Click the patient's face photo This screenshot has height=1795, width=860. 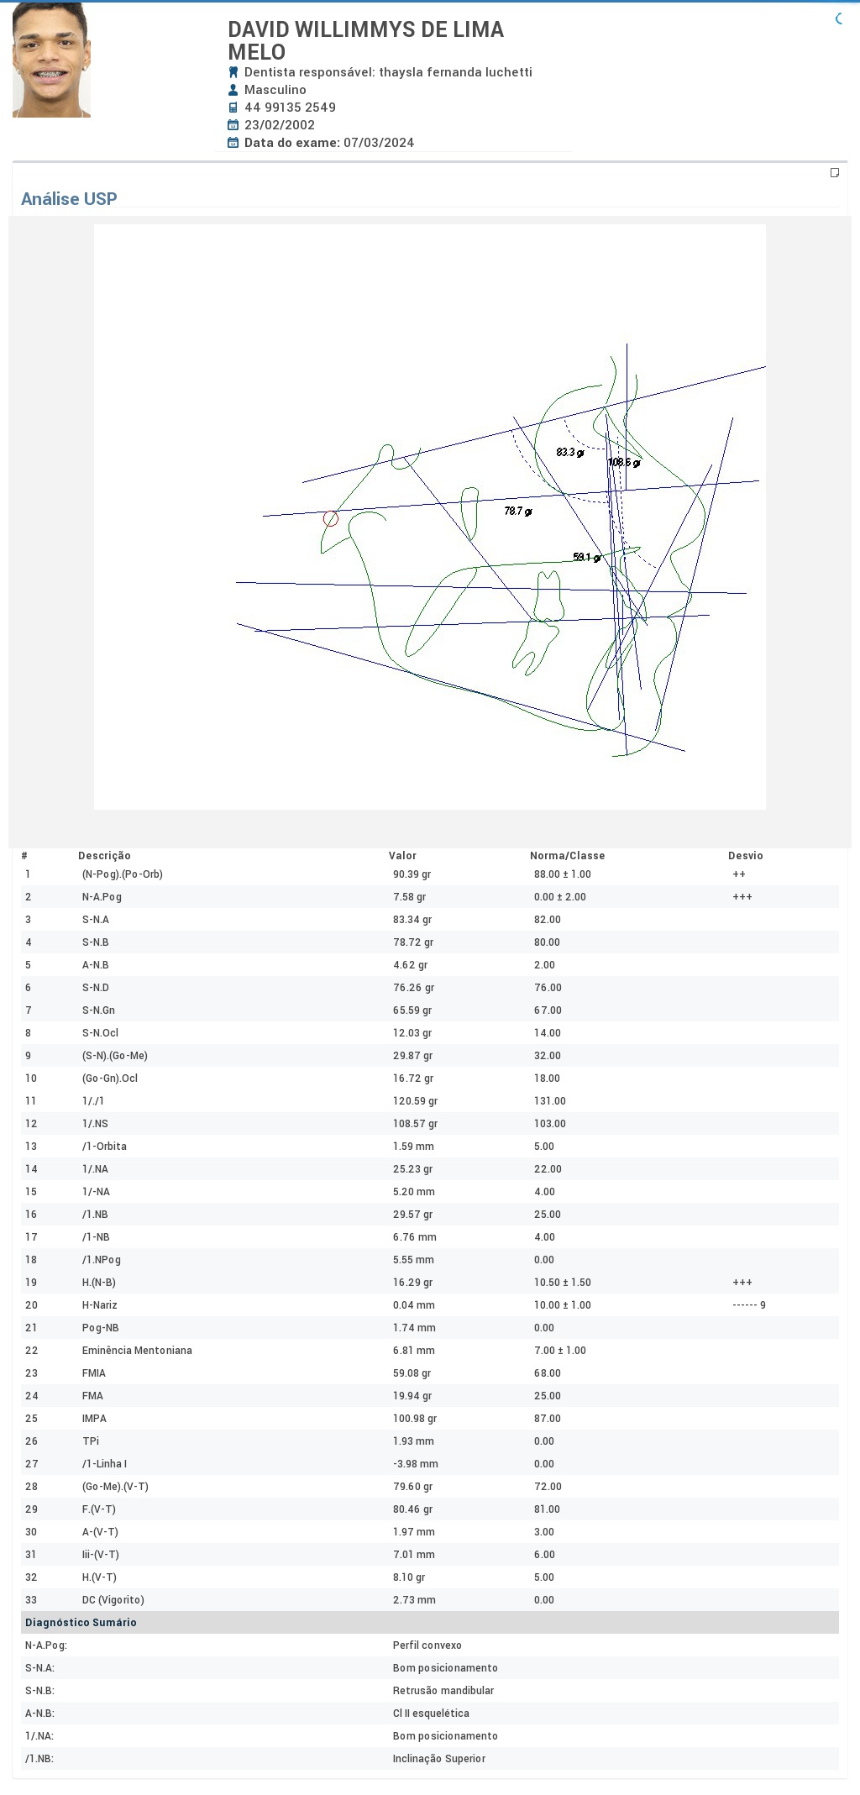click(51, 60)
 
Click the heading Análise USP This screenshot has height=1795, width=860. click(69, 199)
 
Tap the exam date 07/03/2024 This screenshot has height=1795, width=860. click(379, 143)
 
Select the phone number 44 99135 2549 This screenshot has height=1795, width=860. click(290, 108)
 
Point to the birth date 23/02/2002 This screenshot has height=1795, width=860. click(280, 125)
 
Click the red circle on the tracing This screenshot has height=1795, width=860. click(331, 518)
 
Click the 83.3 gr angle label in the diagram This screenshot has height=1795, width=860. click(570, 453)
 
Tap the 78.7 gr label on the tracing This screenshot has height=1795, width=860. click(518, 511)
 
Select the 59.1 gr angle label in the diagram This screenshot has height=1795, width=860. click(587, 557)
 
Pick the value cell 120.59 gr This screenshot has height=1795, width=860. click(415, 1101)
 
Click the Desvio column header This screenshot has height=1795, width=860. click(746, 856)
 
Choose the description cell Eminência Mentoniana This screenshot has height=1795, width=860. click(137, 1351)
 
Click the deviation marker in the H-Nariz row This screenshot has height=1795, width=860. click(749, 1305)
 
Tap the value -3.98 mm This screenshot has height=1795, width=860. click(416, 1464)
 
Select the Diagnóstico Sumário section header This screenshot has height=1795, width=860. click(81, 1623)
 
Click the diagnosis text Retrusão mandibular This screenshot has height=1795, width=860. click(443, 1691)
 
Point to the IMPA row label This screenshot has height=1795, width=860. click(94, 1419)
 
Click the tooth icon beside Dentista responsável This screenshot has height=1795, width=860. click(233, 72)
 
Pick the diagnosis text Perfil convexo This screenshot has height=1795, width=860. click(427, 1645)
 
